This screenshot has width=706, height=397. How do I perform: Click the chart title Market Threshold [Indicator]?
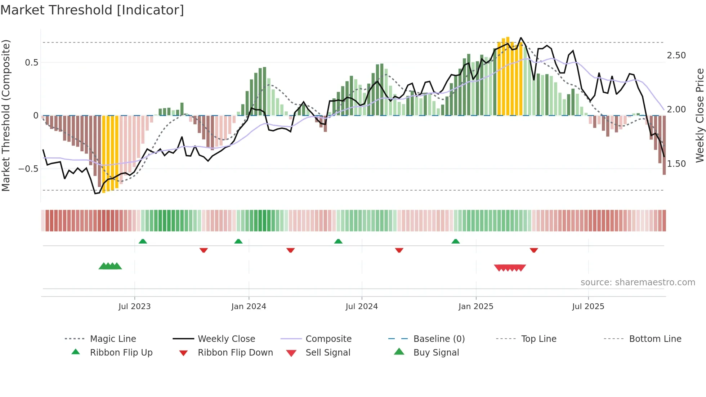(92, 10)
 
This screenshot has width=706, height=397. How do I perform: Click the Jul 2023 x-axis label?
(134, 307)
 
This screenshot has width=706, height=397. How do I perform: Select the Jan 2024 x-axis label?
(249, 307)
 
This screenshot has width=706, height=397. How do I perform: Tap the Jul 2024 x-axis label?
(362, 307)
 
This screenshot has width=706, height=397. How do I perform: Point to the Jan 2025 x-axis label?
(475, 307)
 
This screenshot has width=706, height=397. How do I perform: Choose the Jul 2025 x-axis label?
(588, 307)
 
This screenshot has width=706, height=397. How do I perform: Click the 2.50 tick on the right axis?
(676, 55)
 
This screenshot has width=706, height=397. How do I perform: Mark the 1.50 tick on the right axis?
(676, 164)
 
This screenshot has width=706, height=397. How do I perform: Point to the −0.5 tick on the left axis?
(28, 169)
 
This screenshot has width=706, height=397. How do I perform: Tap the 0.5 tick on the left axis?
(31, 63)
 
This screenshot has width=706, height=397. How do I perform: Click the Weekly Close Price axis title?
(700, 115)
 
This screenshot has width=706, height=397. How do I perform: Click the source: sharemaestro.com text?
(638, 282)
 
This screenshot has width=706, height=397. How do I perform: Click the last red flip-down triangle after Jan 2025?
(534, 250)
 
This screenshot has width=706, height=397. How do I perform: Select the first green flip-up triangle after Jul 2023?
(143, 241)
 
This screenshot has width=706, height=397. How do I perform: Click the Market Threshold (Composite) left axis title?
(6, 115)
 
